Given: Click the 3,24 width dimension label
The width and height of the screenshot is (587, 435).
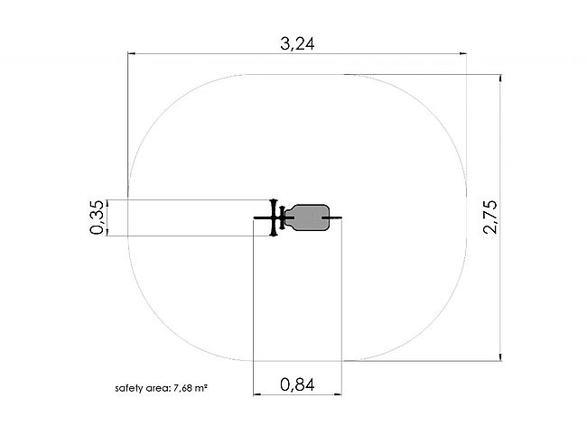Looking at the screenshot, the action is click(x=297, y=43).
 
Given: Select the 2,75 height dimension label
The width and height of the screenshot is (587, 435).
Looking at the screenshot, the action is click(x=490, y=217).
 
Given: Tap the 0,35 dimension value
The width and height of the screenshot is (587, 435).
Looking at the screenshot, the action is click(x=97, y=217).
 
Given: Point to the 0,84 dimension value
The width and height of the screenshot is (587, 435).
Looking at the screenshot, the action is click(x=297, y=384).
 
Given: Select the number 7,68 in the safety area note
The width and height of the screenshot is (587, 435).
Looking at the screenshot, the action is click(x=182, y=388).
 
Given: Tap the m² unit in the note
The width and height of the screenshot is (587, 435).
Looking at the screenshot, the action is click(x=200, y=388).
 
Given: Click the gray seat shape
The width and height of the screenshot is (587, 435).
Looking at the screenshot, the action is click(x=308, y=217).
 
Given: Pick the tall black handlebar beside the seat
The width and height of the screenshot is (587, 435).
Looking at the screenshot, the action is click(x=274, y=217).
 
